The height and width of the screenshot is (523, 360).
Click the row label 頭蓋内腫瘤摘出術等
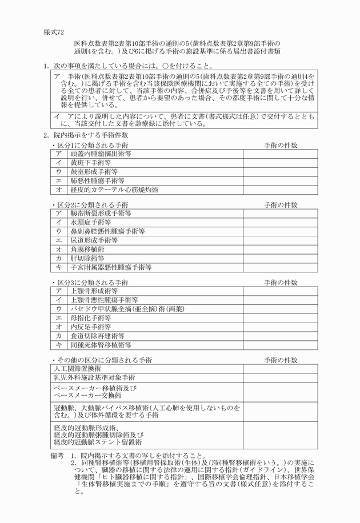[x=101, y=154]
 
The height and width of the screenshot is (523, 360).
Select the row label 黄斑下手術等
[x=90, y=163]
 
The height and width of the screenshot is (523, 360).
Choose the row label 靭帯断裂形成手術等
[x=101, y=213]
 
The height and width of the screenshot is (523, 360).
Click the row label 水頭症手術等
[x=90, y=222]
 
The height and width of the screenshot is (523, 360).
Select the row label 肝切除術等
[x=87, y=258]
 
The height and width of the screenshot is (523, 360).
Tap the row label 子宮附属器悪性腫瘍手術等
[x=111, y=267]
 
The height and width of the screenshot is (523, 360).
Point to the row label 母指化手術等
[x=90, y=318]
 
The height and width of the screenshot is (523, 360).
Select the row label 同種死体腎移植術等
[x=101, y=345]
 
